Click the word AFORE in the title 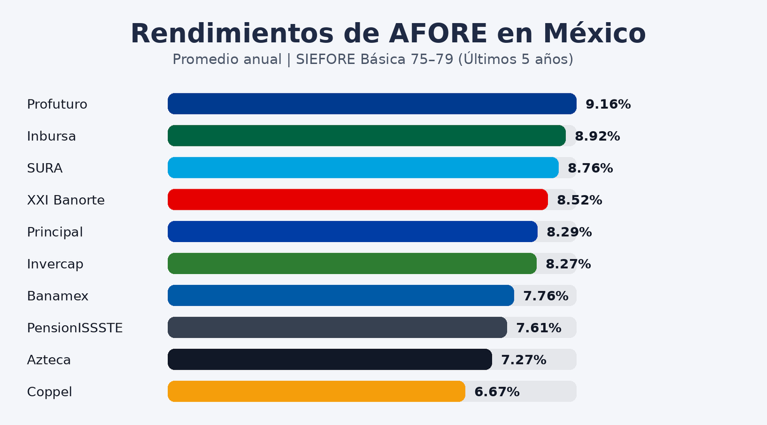[438, 34]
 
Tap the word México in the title [594, 34]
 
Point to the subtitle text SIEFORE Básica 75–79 [374, 60]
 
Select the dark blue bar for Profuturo [372, 104]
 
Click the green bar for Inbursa [366, 136]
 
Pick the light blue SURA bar [363, 168]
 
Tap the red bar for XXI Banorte [358, 200]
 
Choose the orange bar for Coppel [316, 391]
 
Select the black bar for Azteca [330, 360]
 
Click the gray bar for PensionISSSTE [337, 328]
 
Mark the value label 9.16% [608, 104]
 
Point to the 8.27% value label [568, 264]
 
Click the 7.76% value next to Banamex [546, 296]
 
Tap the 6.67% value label [497, 392]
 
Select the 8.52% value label [579, 200]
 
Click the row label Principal [55, 232]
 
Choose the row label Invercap [55, 264]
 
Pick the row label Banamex [58, 296]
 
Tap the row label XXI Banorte [66, 200]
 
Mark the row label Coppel [49, 392]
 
